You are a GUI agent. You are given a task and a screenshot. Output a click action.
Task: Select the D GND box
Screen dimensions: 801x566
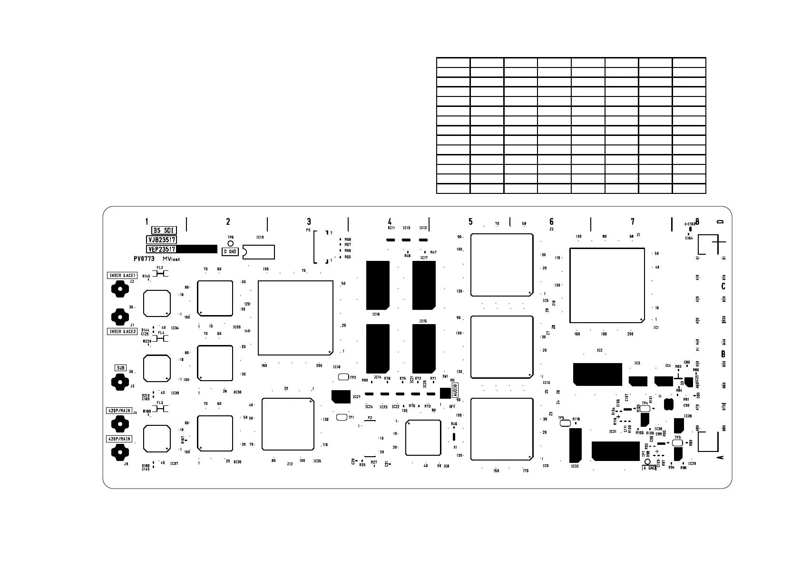coord(230,251)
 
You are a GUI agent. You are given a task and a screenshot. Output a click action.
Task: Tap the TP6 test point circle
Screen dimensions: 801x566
coord(231,243)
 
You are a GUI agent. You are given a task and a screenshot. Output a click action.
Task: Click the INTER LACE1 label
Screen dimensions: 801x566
coord(122,276)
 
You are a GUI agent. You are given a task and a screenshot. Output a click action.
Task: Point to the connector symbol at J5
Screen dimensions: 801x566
coord(120,381)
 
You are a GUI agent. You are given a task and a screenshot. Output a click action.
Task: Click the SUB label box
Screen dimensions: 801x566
coord(120,368)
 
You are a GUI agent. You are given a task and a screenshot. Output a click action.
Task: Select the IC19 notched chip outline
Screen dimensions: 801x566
coord(259,252)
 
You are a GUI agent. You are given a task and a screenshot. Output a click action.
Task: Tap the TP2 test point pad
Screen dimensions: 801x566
coord(343,377)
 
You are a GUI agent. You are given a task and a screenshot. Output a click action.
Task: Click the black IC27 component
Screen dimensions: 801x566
coord(341,396)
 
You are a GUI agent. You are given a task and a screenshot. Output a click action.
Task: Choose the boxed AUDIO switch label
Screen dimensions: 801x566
coord(455,390)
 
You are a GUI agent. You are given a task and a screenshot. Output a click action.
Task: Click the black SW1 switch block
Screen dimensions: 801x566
coord(445,393)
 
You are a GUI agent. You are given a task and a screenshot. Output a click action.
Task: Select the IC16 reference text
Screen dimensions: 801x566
coord(376,314)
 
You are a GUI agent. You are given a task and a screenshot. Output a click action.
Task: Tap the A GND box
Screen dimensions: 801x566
coord(649,468)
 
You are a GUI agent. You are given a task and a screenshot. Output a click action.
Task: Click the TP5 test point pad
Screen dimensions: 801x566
coord(564,423)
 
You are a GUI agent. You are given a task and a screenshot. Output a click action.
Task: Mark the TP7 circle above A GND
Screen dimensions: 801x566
coord(647,461)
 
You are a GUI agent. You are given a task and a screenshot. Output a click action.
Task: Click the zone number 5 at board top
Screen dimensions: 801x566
coord(470,221)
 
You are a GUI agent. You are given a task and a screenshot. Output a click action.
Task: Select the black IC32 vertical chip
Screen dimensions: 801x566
coord(575,445)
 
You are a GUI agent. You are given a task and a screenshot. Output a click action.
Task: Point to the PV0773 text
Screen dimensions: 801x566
coord(144,259)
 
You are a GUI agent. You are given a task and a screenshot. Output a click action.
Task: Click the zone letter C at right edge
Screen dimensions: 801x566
coord(723,286)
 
